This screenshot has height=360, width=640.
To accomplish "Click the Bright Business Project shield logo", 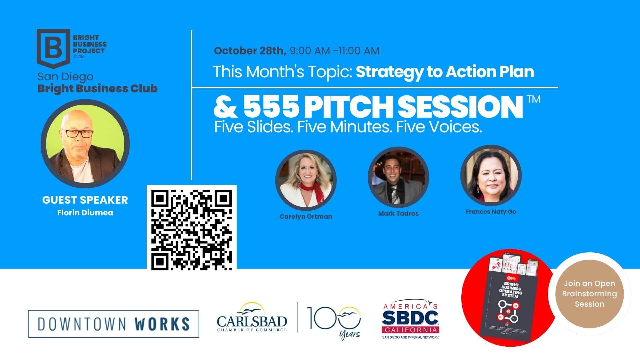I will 53,48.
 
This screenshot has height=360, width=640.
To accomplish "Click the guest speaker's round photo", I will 85,144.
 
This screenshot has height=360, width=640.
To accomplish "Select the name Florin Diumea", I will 85,213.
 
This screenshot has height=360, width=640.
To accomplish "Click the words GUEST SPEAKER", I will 85,200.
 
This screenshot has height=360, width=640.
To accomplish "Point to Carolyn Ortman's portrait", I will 306,180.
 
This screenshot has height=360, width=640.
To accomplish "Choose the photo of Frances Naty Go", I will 491,175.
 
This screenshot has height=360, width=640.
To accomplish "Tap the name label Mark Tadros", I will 398,214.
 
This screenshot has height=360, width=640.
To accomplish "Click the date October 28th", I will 250,51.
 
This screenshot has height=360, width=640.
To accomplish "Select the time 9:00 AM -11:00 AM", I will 334,51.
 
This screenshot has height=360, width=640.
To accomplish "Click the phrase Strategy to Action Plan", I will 445,72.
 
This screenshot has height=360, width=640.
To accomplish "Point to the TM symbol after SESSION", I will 533,99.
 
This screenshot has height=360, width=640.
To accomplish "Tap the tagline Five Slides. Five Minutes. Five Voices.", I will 348,127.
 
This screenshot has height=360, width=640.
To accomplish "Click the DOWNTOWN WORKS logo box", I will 114,324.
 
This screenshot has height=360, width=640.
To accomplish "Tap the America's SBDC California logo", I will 410,319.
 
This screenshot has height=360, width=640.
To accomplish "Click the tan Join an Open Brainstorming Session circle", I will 589,294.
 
